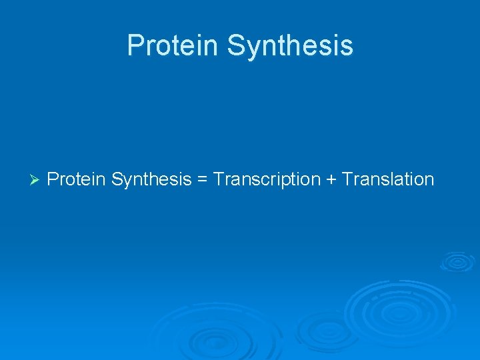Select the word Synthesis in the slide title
click(290, 46)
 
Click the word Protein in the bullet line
click(77, 179)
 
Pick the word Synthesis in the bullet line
click(151, 179)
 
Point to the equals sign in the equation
click(202, 180)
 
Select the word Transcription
click(267, 179)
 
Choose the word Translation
click(388, 179)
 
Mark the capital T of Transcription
click(219, 179)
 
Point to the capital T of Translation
click(347, 179)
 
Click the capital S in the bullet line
click(117, 179)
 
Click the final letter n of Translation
click(429, 179)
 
